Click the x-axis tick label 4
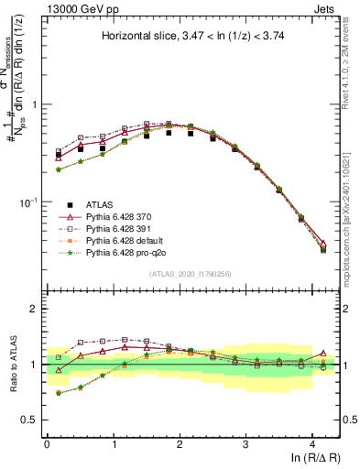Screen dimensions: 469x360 (x=312, y=442)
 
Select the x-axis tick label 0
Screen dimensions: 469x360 (x=47, y=442)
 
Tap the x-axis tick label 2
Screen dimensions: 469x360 (x=180, y=442)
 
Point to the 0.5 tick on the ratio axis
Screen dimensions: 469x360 (x=33, y=420)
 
